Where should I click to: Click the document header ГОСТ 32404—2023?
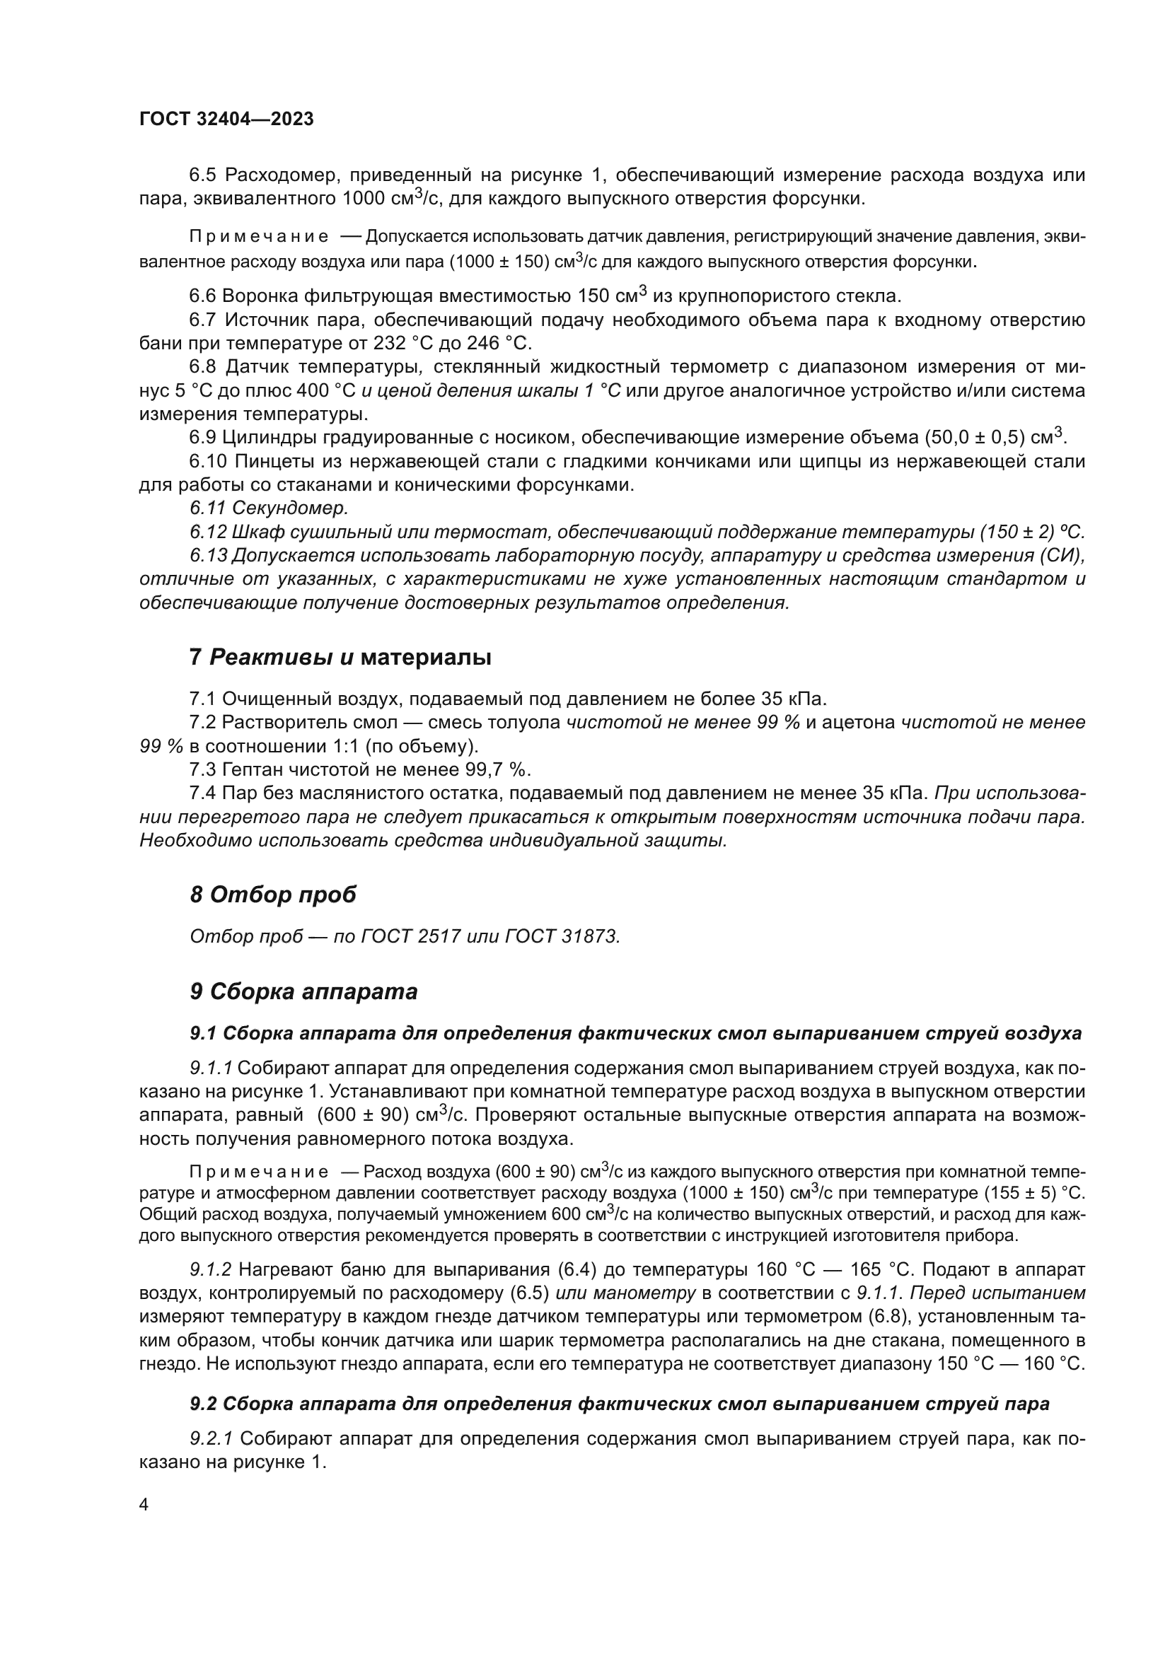point(226,120)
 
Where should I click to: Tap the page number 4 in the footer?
point(144,1506)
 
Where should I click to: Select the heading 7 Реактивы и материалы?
point(340,658)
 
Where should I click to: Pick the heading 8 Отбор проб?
point(273,895)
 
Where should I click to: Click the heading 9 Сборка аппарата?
point(303,992)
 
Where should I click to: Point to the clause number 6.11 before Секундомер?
point(207,508)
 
